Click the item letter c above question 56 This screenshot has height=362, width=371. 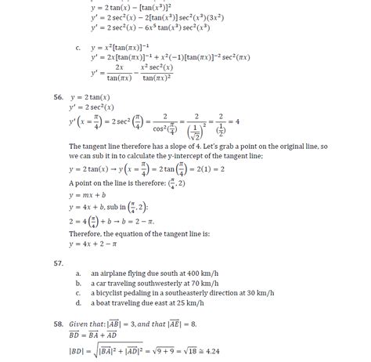tap(78, 48)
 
